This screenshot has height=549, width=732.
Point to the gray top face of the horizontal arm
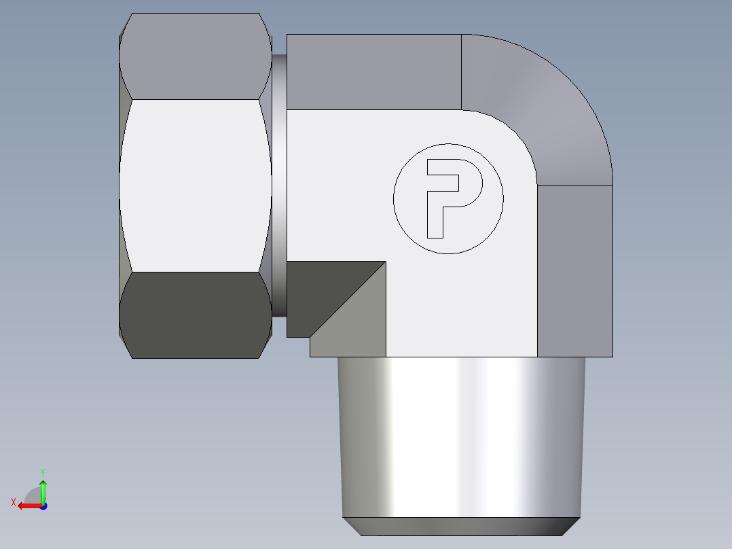tap(373, 72)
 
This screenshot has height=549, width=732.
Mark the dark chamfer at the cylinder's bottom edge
tap(462, 527)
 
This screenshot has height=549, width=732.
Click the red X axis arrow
tap(27, 506)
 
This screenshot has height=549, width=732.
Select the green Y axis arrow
tap(43, 489)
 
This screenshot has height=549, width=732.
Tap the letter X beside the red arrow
tap(13, 502)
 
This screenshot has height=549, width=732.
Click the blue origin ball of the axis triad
tap(43, 506)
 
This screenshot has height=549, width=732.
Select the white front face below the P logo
tap(462, 306)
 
